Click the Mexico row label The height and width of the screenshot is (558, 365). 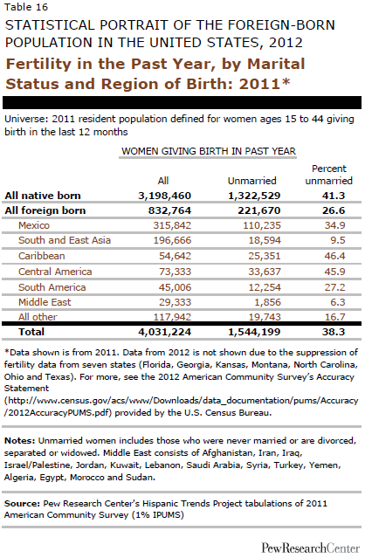(x=34, y=225)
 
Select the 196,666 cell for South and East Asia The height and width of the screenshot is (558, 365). (x=172, y=240)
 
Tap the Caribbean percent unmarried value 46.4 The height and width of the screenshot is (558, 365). (x=334, y=256)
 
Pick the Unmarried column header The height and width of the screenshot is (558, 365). (x=251, y=181)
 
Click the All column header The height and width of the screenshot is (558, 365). (x=163, y=181)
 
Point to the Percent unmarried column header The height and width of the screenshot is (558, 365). (x=328, y=175)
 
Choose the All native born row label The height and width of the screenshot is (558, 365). (x=43, y=196)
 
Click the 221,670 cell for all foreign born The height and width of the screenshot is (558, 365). (x=259, y=210)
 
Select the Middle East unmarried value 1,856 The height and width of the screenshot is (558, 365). (x=265, y=302)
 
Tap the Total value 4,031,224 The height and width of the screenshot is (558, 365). (x=165, y=332)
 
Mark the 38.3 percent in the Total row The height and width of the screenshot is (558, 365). (x=334, y=332)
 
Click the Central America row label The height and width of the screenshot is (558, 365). (x=55, y=272)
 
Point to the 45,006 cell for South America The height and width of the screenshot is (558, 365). (x=175, y=287)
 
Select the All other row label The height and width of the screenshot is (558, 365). (x=38, y=317)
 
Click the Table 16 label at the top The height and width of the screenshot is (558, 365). (x=26, y=7)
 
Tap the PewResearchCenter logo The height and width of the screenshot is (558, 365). (x=311, y=548)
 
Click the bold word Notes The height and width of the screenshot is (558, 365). (x=19, y=441)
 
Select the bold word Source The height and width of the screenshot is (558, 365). (x=22, y=503)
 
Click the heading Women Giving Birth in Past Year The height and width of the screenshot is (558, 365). (x=209, y=151)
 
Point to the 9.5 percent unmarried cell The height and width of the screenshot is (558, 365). (x=338, y=240)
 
